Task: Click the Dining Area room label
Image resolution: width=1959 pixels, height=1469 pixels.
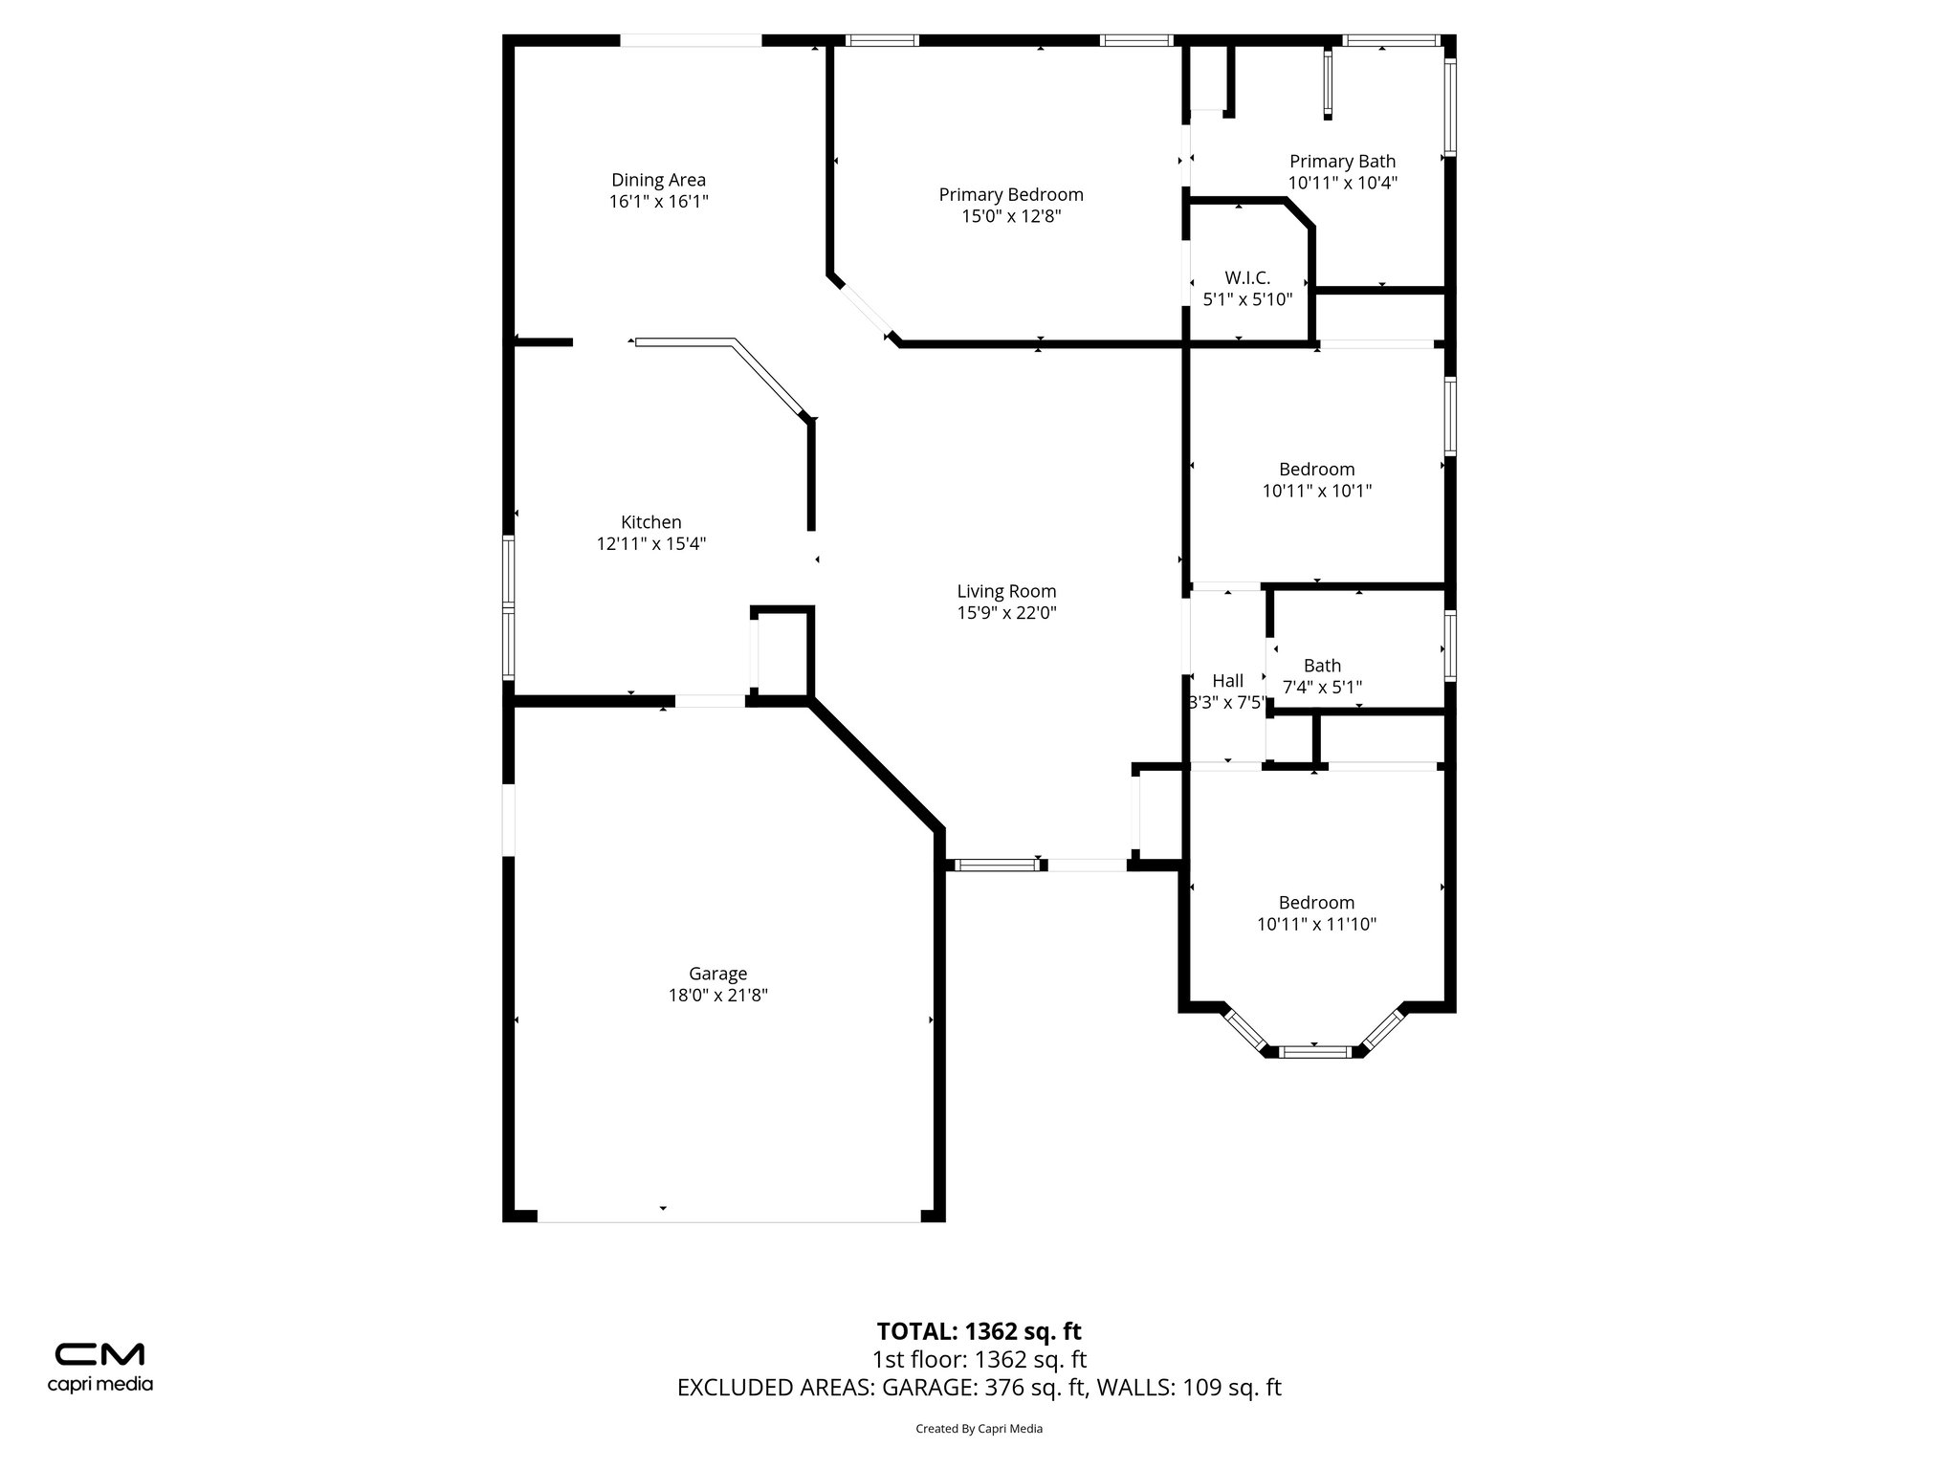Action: pyautogui.click(x=658, y=180)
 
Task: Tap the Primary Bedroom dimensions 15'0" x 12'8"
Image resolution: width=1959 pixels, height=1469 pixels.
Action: pyautogui.click(x=1011, y=217)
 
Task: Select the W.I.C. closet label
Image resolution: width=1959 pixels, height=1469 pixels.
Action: pyautogui.click(x=1247, y=278)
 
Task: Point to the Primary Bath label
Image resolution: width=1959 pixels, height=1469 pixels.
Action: pyautogui.click(x=1342, y=162)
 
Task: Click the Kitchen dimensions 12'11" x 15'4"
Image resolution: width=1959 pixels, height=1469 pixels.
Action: pyautogui.click(x=651, y=544)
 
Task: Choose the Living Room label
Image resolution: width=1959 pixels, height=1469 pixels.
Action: pyautogui.click(x=1006, y=591)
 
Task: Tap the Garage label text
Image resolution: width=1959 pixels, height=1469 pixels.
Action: pyautogui.click(x=717, y=974)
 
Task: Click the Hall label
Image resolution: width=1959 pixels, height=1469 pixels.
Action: pyautogui.click(x=1227, y=681)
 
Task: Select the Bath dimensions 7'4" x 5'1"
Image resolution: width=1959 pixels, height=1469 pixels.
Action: pyautogui.click(x=1322, y=687)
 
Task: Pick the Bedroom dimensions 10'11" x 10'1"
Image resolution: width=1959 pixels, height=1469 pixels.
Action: pyautogui.click(x=1317, y=491)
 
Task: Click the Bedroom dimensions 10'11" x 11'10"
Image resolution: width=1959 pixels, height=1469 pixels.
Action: pyautogui.click(x=1316, y=924)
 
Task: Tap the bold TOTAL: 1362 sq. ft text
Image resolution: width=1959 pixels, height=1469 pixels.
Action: pyautogui.click(x=979, y=1331)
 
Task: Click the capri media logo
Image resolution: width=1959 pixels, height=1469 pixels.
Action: pyautogui.click(x=99, y=1366)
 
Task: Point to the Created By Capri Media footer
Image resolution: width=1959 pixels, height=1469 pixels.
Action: pyautogui.click(x=979, y=1429)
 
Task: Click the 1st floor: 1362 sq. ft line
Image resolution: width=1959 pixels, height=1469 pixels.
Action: pyautogui.click(x=979, y=1359)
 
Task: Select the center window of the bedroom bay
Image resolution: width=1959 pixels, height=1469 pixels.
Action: pyautogui.click(x=1315, y=1052)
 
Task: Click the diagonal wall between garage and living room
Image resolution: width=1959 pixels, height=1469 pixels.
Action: pyautogui.click(x=875, y=766)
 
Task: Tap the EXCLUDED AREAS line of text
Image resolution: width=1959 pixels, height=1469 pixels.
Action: pyautogui.click(x=979, y=1388)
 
